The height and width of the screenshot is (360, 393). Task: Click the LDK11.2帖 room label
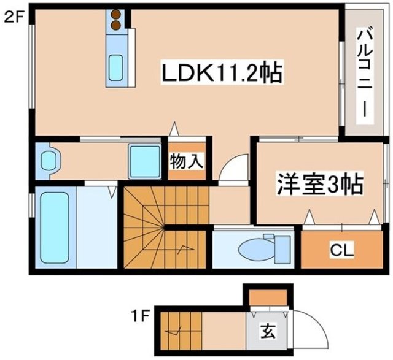pyautogui.click(x=222, y=74)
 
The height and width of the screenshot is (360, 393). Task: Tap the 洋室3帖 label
pyautogui.click(x=319, y=184)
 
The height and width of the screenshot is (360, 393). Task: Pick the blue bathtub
pyautogui.click(x=55, y=226)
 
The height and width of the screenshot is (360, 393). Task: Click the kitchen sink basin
pyautogui.click(x=115, y=66)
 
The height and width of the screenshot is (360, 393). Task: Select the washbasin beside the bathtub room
pyautogui.click(x=49, y=161)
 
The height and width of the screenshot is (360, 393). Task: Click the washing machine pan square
pyautogui.click(x=144, y=161)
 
